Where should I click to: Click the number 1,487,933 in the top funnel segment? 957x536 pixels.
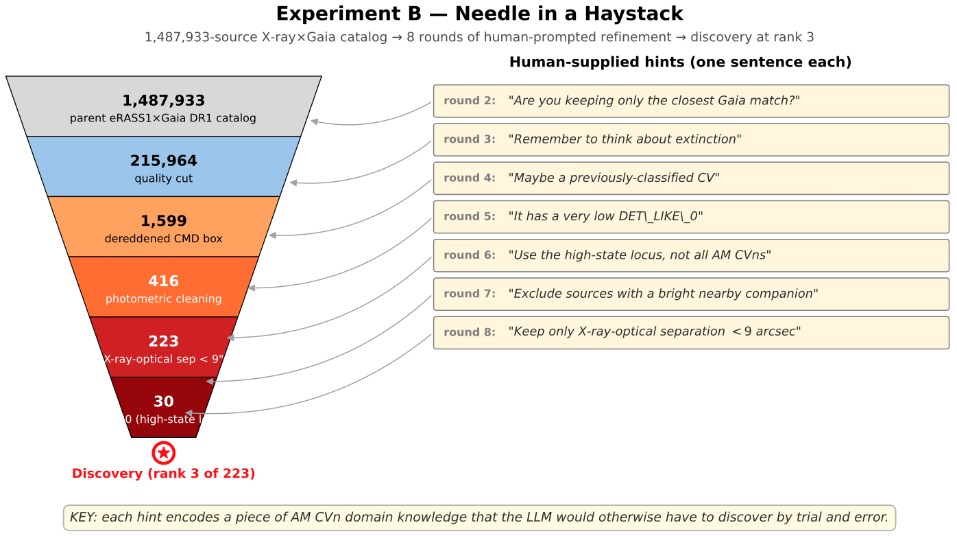coord(163,101)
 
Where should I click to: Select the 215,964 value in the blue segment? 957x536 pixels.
coord(163,161)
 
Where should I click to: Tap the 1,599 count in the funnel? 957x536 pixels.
coord(163,221)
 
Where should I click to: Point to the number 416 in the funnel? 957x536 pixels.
coord(163,281)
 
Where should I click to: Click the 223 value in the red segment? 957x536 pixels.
coord(163,341)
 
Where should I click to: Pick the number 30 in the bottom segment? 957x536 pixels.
coord(163,401)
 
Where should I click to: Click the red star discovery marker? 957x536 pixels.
coord(163,453)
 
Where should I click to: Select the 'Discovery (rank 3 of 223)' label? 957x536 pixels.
coord(163,474)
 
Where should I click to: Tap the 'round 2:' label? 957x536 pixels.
coord(469,101)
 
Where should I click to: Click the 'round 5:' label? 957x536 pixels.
coord(469,217)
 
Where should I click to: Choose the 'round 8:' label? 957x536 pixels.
coord(469,332)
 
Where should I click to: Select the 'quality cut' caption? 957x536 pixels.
coord(163,179)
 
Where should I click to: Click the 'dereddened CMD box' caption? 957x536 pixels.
coord(163,239)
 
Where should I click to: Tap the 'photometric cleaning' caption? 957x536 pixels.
coord(163,299)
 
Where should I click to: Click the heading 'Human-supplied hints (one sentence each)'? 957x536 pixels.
coord(680,62)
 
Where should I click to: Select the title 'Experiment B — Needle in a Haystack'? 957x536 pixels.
coord(479,14)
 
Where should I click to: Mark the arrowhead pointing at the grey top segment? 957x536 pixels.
coord(314,121)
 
